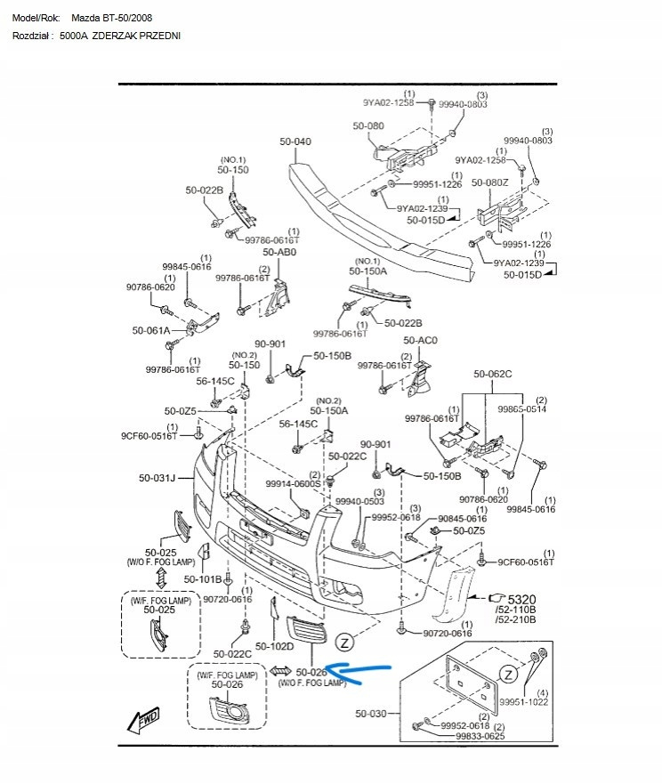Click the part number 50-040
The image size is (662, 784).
[x=295, y=141]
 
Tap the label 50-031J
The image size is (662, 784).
[x=157, y=478]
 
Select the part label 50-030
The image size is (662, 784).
[x=371, y=713]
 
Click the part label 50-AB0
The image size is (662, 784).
[x=279, y=253]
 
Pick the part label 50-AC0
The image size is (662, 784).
[x=421, y=341]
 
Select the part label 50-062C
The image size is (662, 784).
[x=493, y=374]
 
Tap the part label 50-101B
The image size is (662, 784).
[x=203, y=579]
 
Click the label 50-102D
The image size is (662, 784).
[x=274, y=646]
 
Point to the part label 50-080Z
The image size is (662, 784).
[x=490, y=182]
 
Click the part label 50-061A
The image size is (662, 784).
[x=151, y=330]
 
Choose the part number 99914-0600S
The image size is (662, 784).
[x=293, y=485]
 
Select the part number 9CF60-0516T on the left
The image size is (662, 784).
[x=149, y=437]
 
